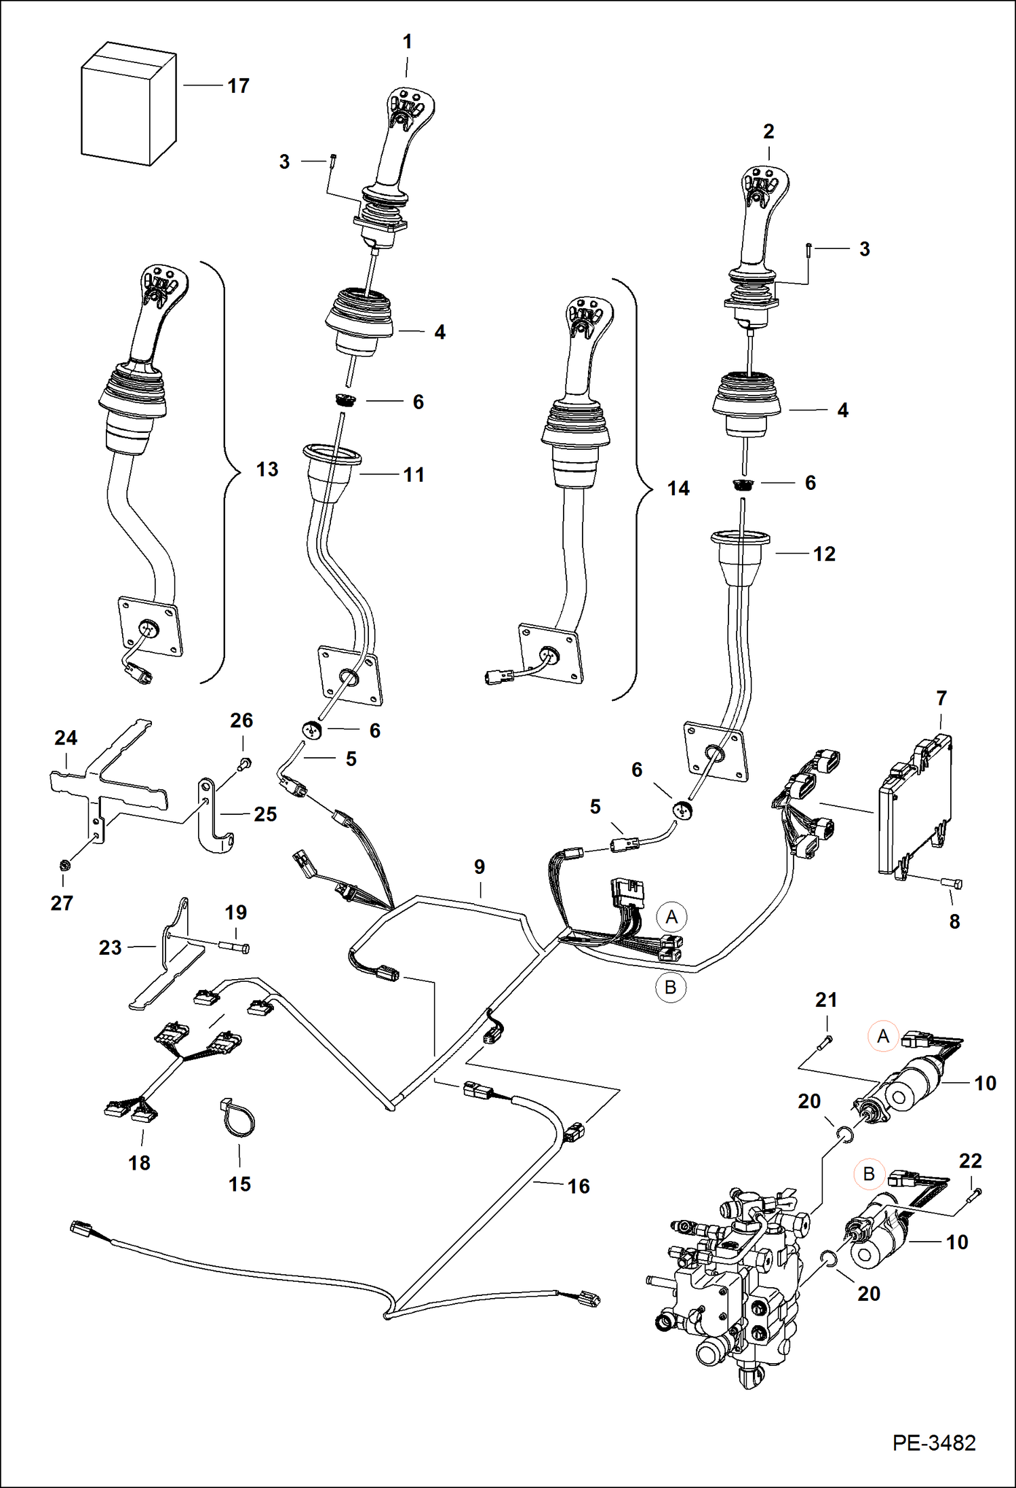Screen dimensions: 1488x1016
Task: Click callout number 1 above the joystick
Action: click(407, 42)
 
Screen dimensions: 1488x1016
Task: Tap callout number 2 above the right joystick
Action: click(768, 132)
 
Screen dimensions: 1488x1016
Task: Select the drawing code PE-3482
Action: click(933, 1443)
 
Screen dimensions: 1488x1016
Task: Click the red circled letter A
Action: click(882, 1036)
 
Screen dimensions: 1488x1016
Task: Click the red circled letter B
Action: click(869, 1174)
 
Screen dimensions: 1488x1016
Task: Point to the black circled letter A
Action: click(671, 917)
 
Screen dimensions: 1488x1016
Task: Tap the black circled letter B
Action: click(670, 987)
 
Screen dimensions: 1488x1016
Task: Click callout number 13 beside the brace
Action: click(267, 470)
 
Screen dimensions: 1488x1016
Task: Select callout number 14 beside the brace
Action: click(678, 489)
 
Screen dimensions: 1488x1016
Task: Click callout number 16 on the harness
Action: click(579, 1186)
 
